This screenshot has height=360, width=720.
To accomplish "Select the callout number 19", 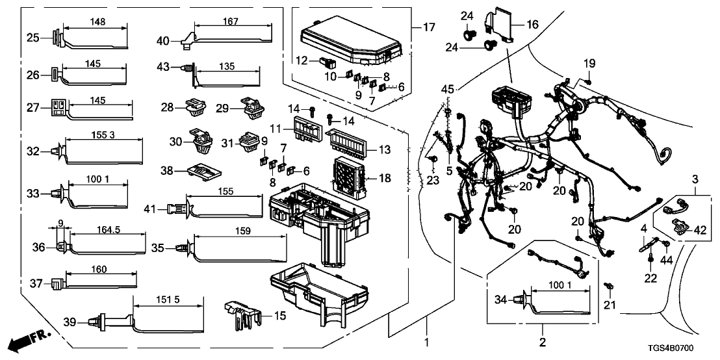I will coord(589,63).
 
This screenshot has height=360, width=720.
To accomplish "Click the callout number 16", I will coord(532,24).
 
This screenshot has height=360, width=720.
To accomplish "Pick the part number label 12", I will coord(302,62).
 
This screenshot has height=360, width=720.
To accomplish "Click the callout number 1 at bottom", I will coord(427,341).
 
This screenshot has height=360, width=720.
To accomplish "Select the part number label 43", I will coord(164,66).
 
